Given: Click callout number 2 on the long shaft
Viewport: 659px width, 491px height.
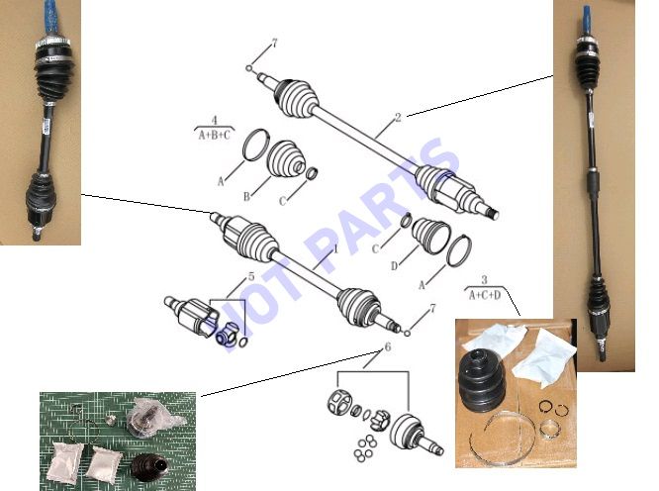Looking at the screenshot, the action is point(398,117).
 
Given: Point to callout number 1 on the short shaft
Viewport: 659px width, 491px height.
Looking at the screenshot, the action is point(335,248).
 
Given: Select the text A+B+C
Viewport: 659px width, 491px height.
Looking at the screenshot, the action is point(215,136).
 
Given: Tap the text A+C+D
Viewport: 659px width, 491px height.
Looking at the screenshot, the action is point(485,295).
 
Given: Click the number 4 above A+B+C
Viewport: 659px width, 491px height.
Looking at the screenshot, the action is point(215,120).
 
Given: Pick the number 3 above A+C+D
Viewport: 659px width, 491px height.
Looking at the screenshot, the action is point(484,279).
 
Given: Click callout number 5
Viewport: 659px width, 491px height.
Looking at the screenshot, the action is point(251,276).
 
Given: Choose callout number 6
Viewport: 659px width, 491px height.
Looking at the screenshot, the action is point(388,347).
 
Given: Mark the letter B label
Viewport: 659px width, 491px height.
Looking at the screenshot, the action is point(246,196).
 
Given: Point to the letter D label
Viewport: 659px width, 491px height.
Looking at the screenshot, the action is point(394,266).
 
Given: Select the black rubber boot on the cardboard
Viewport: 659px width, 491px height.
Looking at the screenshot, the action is point(483,378).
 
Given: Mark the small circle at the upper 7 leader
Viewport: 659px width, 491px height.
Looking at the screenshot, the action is point(249,68).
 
